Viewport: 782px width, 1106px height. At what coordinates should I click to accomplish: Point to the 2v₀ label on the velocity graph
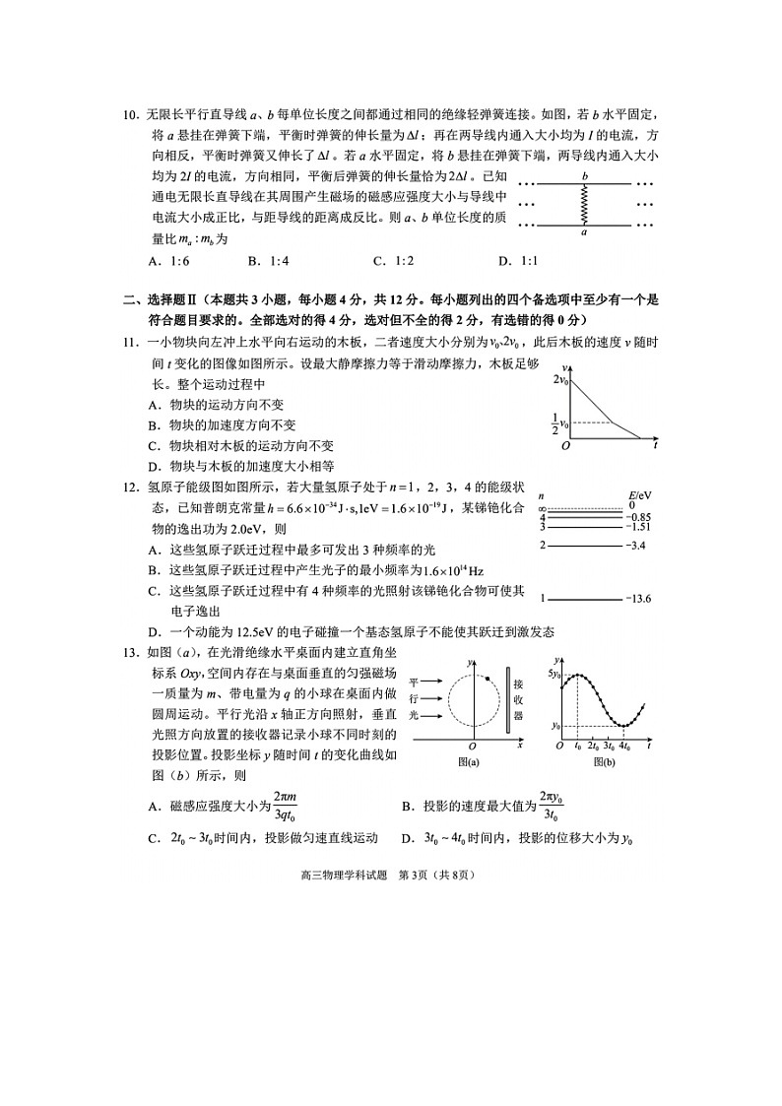click(x=560, y=379)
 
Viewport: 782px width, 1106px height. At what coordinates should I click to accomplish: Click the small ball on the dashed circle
click(x=488, y=679)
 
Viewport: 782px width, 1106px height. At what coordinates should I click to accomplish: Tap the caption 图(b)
click(x=604, y=762)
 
